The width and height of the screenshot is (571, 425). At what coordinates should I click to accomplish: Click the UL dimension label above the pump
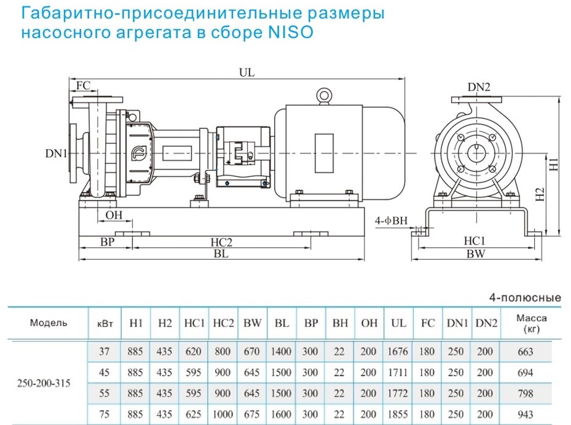247,72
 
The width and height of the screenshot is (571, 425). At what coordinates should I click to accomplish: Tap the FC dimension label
83,85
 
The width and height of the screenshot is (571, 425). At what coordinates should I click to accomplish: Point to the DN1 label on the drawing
57,153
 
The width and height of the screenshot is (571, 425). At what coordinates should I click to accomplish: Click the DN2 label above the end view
479,87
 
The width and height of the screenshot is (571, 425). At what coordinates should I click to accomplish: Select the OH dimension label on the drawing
114,215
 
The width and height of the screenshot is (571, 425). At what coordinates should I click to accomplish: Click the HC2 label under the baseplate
221,242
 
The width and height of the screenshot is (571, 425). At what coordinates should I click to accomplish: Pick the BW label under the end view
476,254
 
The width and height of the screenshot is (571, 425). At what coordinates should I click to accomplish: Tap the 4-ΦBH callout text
391,220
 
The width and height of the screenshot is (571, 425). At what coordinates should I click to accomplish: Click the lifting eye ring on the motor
324,95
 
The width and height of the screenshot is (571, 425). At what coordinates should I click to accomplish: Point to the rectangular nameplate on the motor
324,153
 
